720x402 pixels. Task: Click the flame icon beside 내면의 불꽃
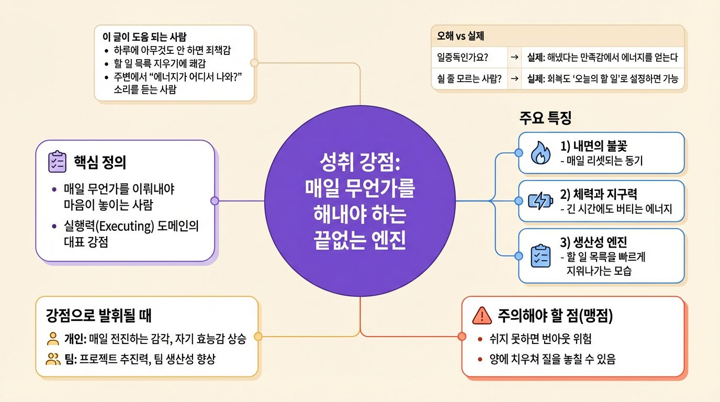[x=540, y=153]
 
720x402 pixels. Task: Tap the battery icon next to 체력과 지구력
[x=540, y=202]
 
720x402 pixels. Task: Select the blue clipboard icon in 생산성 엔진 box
[x=540, y=256]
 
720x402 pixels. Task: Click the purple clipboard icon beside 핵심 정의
[x=57, y=162]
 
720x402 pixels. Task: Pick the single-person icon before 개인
[x=53, y=338]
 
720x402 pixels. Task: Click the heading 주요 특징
[x=545, y=118]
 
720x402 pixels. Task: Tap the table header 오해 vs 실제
[x=459, y=37]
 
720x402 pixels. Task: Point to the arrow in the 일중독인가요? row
[x=515, y=57]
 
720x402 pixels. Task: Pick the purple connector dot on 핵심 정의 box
[x=214, y=201]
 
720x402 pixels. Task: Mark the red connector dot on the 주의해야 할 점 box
[x=462, y=336]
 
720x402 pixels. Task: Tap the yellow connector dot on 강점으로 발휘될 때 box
[x=257, y=337]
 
